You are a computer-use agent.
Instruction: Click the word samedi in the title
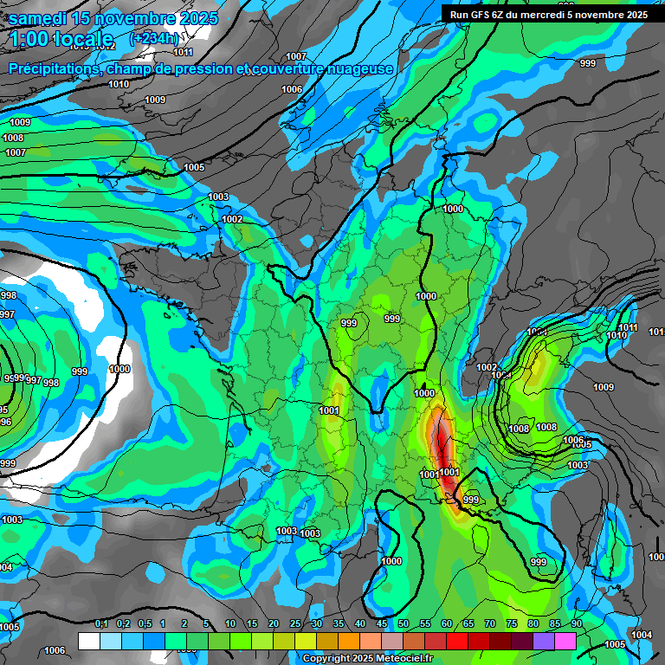(40, 18)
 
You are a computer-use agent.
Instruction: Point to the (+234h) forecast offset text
(154, 38)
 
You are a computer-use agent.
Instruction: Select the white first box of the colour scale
(88, 641)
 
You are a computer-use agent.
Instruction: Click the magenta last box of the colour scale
(565, 641)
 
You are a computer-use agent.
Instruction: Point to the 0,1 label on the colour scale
(101, 624)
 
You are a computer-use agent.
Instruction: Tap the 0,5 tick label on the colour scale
(144, 624)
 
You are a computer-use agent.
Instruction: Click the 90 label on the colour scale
(576, 624)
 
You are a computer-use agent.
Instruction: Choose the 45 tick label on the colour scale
(382, 624)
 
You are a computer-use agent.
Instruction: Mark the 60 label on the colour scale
(447, 624)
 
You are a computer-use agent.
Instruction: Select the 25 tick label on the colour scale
(295, 624)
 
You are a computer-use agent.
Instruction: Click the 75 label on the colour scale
(512, 624)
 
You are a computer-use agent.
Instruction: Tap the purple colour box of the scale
(543, 641)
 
